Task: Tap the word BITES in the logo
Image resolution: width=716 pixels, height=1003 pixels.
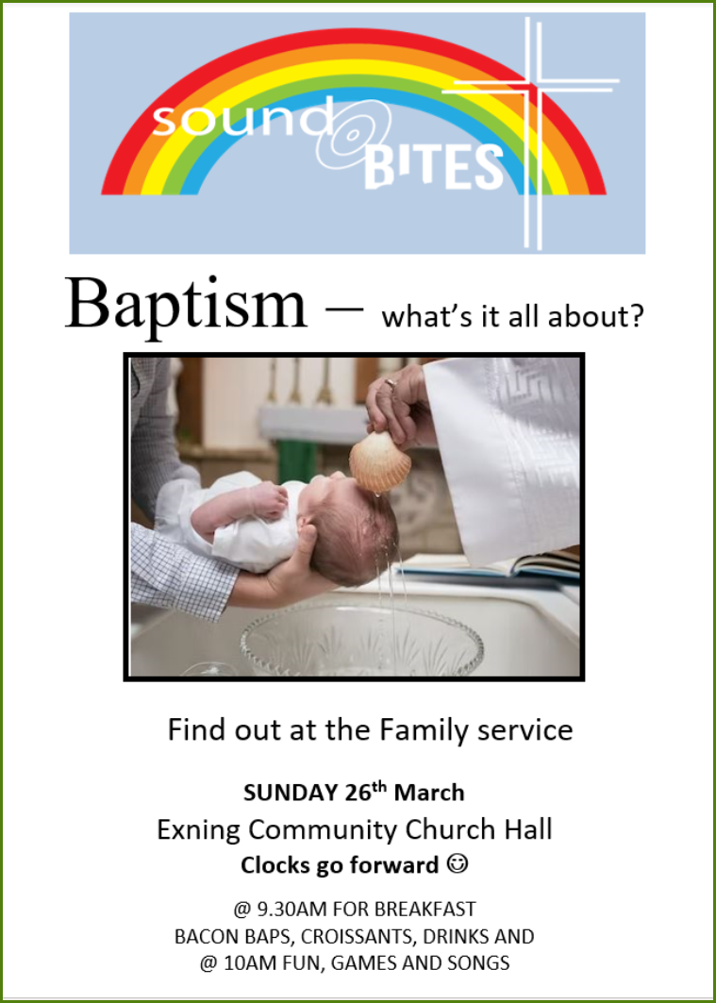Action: click(434, 168)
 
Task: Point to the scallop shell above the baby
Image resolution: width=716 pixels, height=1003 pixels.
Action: click(380, 461)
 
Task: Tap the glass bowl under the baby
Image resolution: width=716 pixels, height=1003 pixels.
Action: click(362, 641)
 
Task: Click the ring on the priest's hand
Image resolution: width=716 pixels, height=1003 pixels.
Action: click(391, 384)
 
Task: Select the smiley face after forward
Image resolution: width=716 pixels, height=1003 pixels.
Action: click(459, 865)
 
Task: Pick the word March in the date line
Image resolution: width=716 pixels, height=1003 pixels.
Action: click(429, 794)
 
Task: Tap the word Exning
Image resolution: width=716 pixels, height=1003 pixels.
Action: click(199, 830)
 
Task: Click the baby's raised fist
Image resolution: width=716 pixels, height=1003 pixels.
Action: click(270, 499)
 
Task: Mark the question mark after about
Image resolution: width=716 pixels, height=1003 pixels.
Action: click(636, 317)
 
